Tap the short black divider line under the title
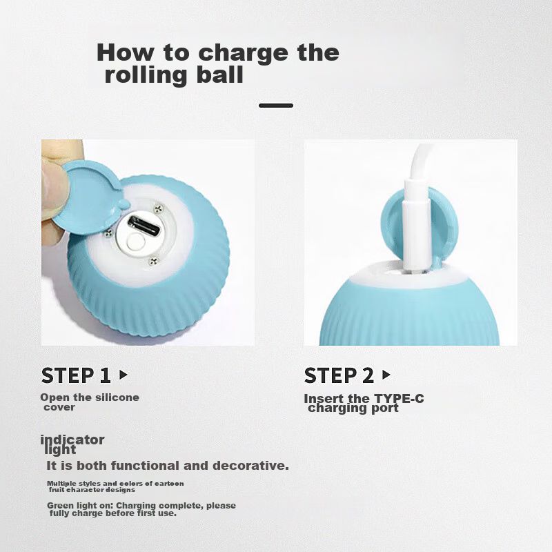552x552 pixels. tap(276, 106)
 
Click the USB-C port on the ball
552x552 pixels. tap(144, 226)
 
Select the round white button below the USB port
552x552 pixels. tap(135, 242)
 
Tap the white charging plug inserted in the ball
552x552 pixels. tap(417, 226)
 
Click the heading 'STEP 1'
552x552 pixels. tap(76, 375)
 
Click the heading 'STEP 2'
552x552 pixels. tap(339, 375)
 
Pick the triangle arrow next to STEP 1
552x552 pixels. tap(124, 375)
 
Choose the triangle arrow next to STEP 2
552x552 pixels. tap(386, 375)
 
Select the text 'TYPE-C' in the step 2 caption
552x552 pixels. tap(399, 399)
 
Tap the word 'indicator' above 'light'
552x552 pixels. tap(72, 440)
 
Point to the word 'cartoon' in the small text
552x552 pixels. tap(169, 484)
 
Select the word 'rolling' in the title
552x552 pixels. tap(146, 75)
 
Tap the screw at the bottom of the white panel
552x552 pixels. tap(153, 262)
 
